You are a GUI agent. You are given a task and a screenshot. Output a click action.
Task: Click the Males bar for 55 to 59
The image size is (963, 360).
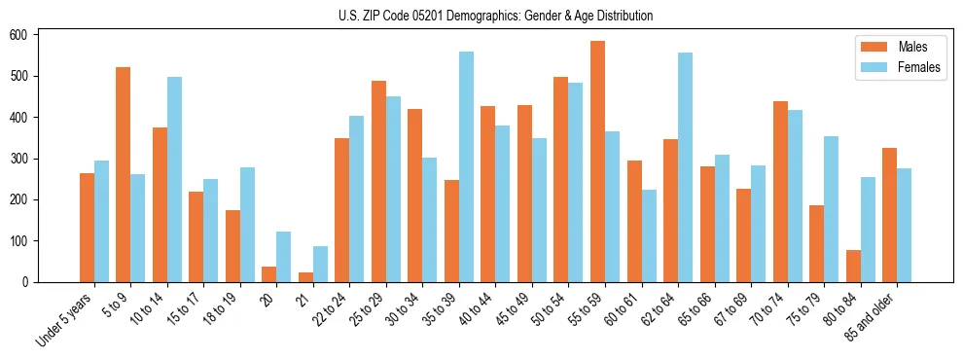(x=597, y=162)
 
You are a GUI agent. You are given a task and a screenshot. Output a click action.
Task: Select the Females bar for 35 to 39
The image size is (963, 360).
(x=466, y=166)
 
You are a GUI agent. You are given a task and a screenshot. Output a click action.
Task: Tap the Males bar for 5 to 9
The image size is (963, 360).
(x=124, y=174)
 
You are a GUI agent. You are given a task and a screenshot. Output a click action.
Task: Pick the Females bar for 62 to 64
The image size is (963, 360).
(x=685, y=167)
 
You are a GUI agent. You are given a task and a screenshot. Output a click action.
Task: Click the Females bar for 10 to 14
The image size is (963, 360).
(x=174, y=179)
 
